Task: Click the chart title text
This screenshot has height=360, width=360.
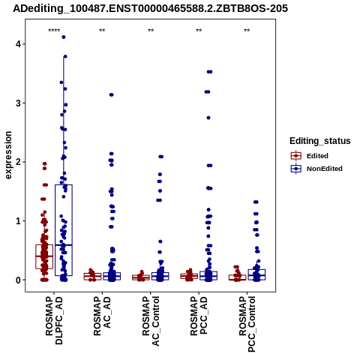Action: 150,8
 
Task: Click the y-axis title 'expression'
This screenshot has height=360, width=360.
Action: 8,155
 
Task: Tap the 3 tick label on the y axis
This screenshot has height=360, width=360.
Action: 18,103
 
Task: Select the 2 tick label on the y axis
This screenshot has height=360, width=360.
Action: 18,162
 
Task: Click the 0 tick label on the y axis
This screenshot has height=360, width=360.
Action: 18,280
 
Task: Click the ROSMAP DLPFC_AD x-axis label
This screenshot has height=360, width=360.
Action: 54,320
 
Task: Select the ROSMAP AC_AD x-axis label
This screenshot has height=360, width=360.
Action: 102,316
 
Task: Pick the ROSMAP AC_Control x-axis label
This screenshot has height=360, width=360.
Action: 151,321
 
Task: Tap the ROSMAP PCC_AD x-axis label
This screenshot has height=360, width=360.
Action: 199,316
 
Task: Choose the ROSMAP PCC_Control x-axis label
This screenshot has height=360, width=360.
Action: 247,324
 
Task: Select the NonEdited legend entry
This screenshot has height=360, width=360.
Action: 316,169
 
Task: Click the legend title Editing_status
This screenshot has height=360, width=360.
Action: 320,141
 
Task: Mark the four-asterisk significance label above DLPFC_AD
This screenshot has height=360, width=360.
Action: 54,31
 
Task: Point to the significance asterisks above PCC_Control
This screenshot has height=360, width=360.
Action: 247,31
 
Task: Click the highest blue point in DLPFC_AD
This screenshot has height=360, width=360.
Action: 64,37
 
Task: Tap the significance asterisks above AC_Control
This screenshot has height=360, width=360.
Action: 151,31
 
